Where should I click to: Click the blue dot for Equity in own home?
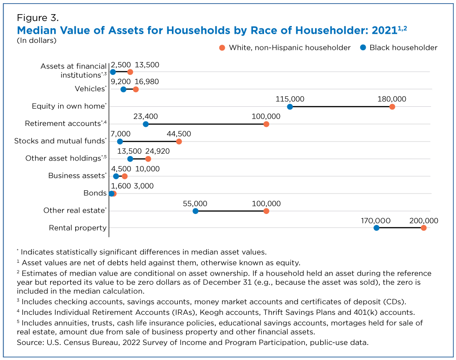[x=290, y=107]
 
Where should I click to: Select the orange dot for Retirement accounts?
[x=266, y=124]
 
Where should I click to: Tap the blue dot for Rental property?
[x=376, y=228]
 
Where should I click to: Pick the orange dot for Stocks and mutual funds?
[x=179, y=142]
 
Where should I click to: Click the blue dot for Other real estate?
[x=196, y=211]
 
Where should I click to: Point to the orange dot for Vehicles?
[x=135, y=89]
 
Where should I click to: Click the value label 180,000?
[x=392, y=99]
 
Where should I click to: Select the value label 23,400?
[x=145, y=117]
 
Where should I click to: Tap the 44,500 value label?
[x=179, y=134]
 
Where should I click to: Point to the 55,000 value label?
[x=195, y=203]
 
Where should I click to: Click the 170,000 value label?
[x=376, y=221]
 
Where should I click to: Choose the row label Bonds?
[x=95, y=193]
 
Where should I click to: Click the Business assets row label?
[x=77, y=176]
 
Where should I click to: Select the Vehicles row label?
[x=89, y=89]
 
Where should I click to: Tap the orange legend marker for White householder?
[x=222, y=48]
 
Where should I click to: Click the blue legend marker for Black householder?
[x=363, y=47]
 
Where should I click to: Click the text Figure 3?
[x=38, y=18]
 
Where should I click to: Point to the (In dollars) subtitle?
[x=36, y=40]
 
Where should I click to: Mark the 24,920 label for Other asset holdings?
[x=157, y=151]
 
